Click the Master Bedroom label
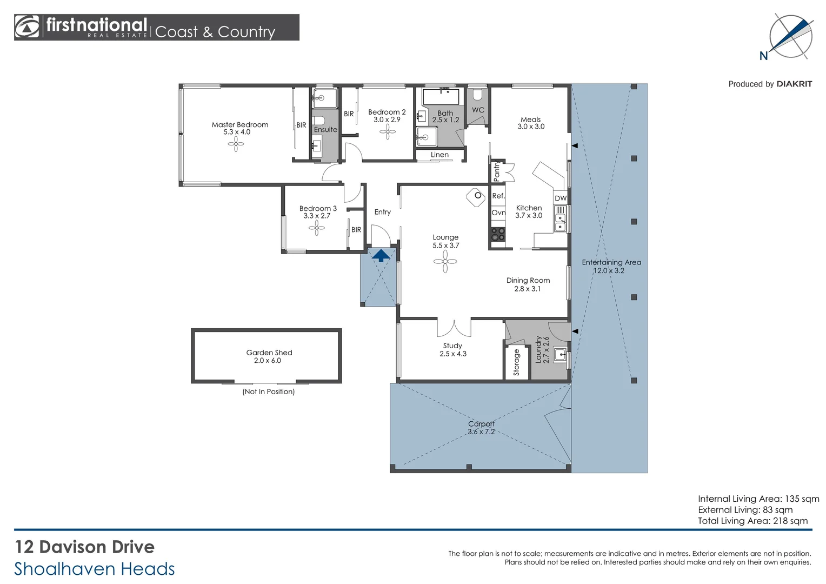239,125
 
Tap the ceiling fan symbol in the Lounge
445,262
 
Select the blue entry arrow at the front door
381,255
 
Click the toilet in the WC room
477,95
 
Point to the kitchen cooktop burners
498,234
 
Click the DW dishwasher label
561,198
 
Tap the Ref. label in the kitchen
498,196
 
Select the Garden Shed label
269,353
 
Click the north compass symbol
790,36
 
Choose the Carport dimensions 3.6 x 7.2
481,432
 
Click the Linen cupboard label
439,155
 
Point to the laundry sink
560,355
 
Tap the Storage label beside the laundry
516,362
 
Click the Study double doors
454,328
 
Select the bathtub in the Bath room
441,97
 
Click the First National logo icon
27,27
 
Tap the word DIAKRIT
794,84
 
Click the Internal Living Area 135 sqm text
758,499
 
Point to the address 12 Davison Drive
85,547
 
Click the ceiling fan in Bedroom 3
317,228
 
